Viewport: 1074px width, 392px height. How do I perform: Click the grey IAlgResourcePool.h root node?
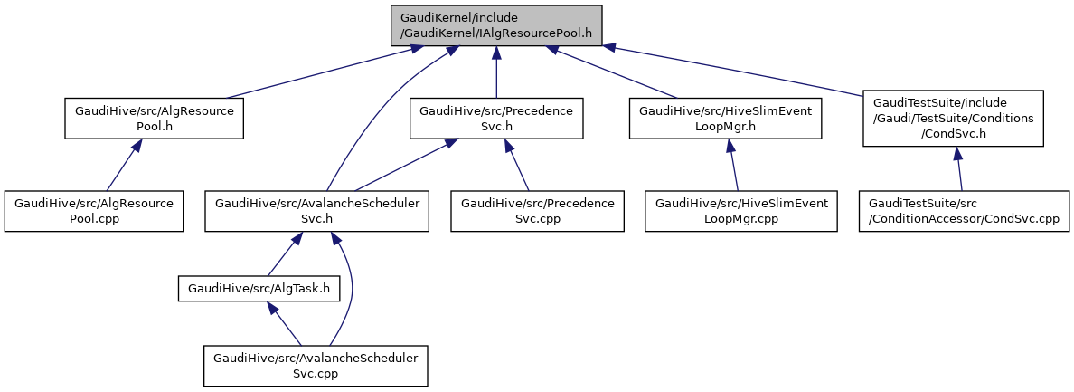tap(495, 25)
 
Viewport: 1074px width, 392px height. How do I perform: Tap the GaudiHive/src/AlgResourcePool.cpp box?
tap(94, 211)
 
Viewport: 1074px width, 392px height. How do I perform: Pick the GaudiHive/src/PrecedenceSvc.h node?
tap(496, 119)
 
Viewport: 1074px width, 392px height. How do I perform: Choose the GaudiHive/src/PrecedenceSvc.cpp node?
tap(538, 211)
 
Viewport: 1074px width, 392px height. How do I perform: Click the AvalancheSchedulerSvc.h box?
tap(316, 211)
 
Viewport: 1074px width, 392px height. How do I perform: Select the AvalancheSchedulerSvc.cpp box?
tap(316, 366)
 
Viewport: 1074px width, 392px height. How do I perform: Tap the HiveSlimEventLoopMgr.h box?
tap(725, 119)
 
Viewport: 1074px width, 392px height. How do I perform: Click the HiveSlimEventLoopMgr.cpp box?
tap(740, 211)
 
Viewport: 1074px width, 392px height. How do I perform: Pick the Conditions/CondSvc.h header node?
tap(953, 119)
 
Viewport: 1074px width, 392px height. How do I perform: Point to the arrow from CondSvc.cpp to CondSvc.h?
tap(959, 169)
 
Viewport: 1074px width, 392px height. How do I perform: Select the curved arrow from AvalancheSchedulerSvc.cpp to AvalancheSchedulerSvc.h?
tap(350, 290)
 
